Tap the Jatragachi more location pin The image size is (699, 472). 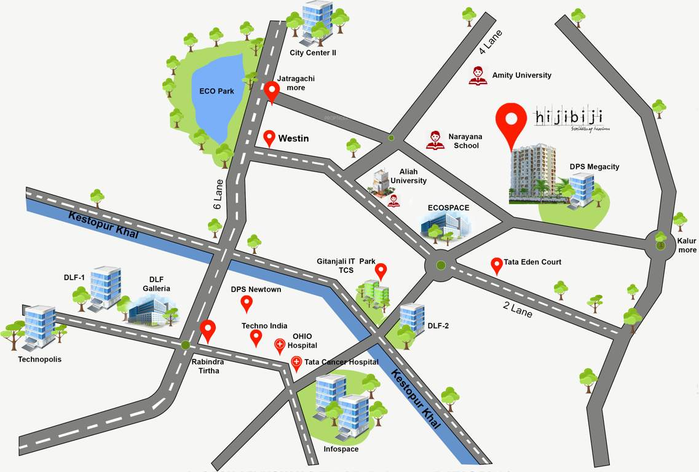(x=272, y=92)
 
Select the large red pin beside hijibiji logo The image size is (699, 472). (x=511, y=123)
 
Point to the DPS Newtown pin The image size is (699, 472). (x=247, y=303)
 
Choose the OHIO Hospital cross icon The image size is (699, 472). (x=280, y=345)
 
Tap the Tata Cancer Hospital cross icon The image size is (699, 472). (x=296, y=363)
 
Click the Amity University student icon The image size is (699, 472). (x=478, y=75)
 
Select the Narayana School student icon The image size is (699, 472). (x=435, y=140)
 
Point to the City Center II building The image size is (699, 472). (x=315, y=22)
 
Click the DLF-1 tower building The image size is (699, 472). (x=105, y=287)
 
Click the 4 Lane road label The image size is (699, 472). (x=491, y=42)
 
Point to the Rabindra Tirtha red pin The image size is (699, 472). (x=208, y=331)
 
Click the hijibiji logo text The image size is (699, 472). (x=569, y=117)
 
